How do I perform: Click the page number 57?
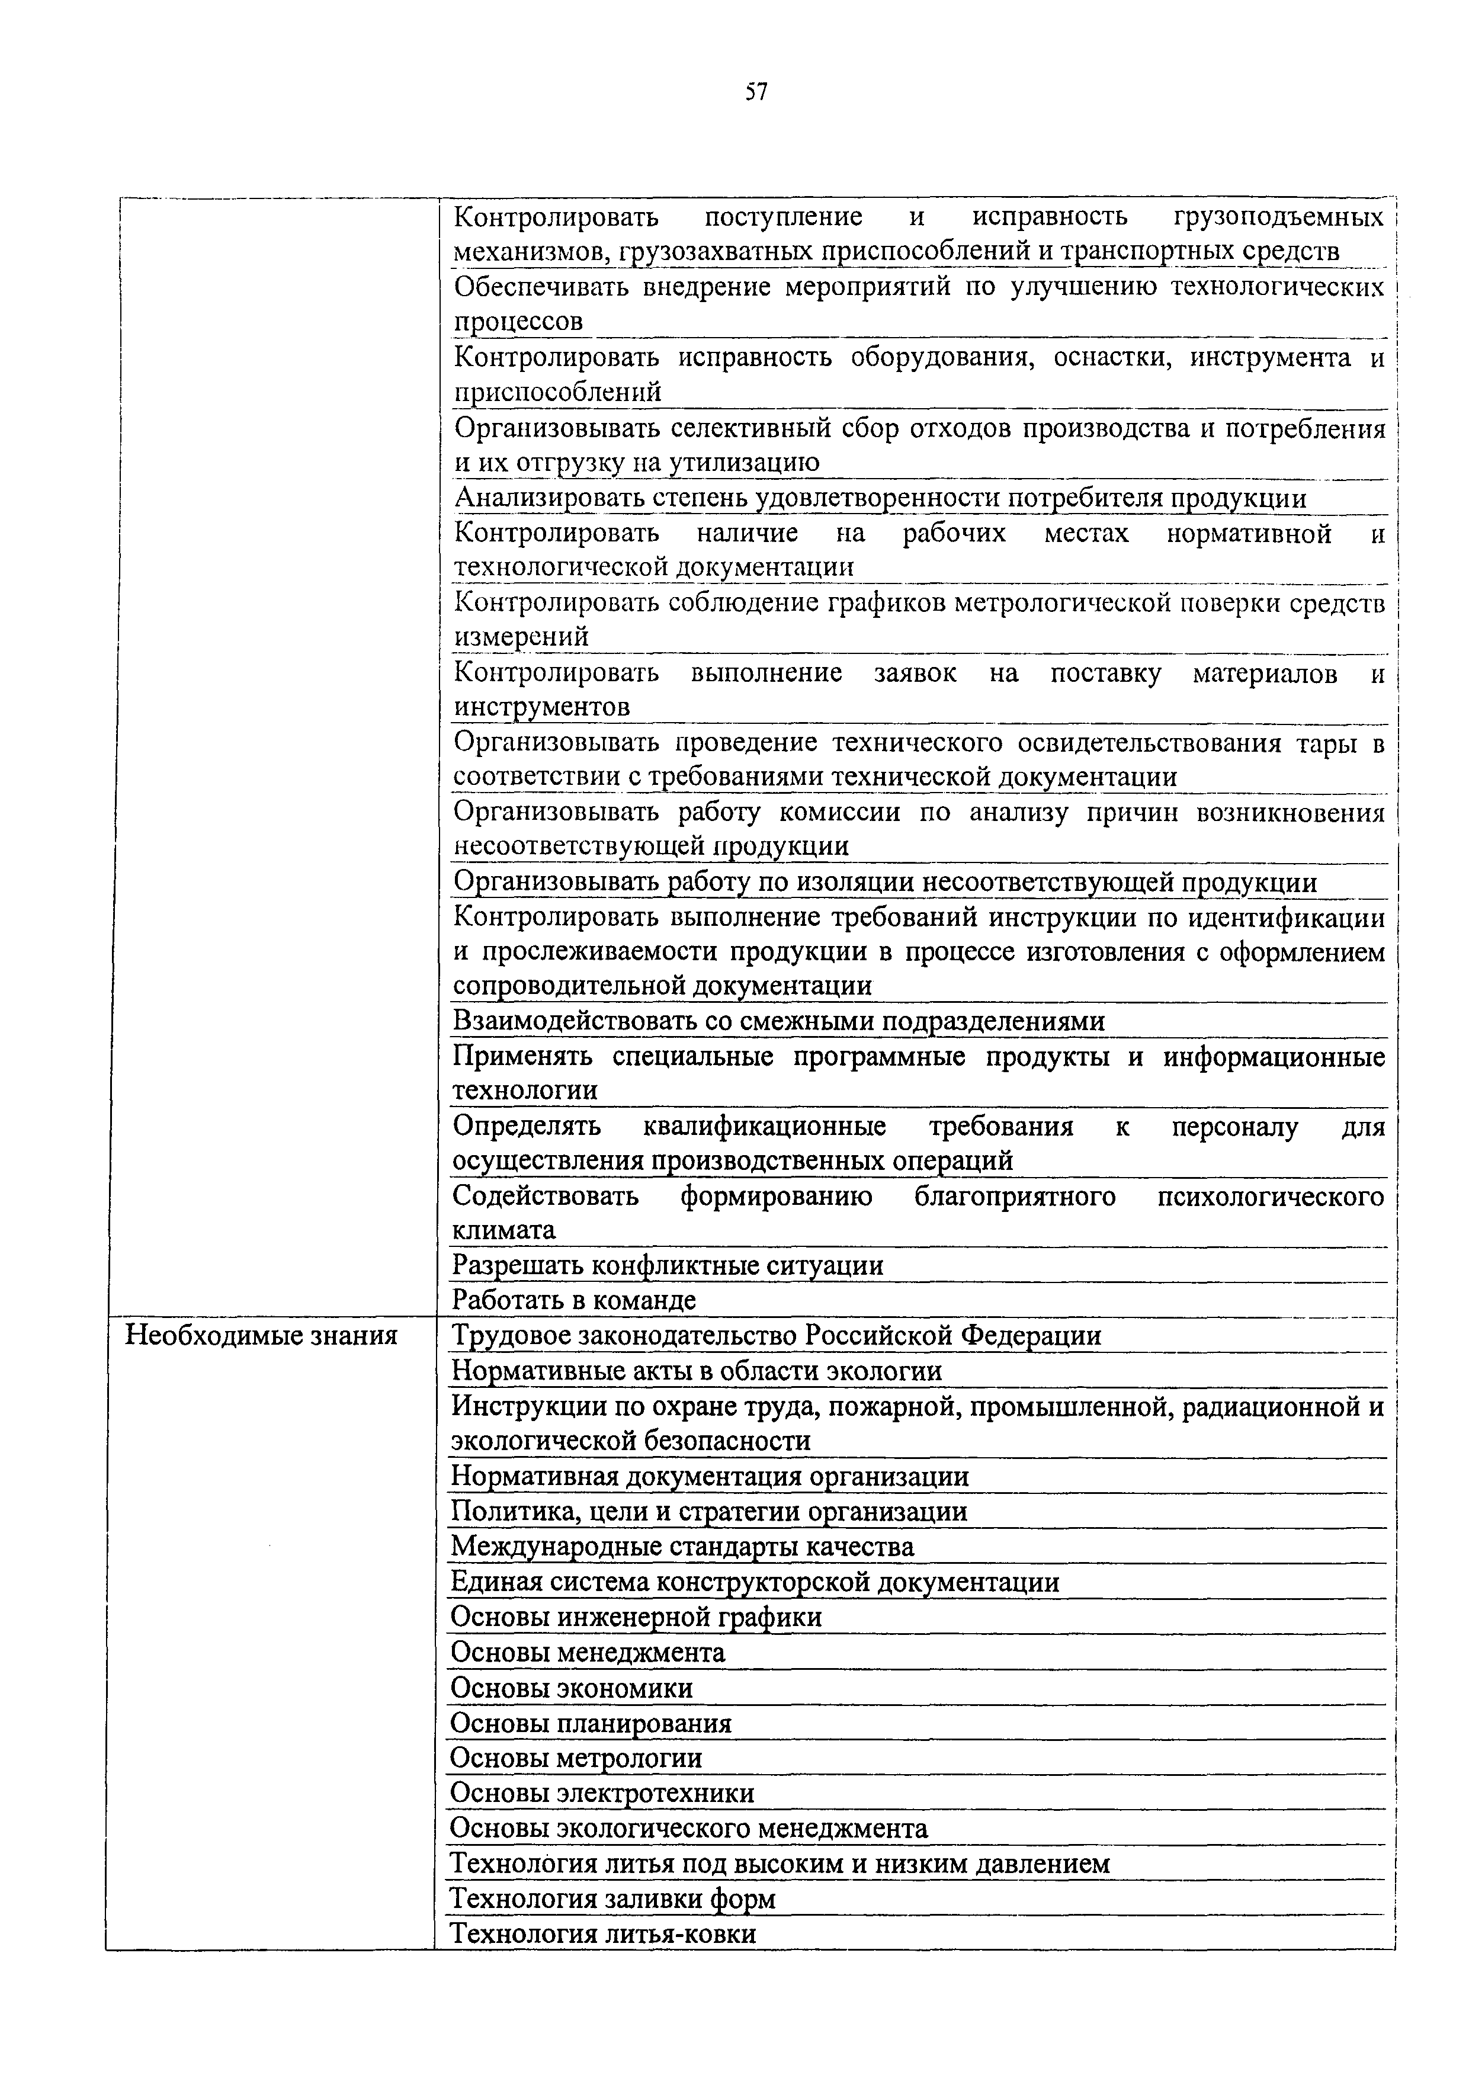[x=756, y=91]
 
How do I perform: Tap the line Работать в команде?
[x=574, y=1301]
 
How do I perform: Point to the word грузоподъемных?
[x=1278, y=217]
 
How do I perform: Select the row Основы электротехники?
[x=602, y=1794]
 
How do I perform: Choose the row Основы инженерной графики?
[x=636, y=1617]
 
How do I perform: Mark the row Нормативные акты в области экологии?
[x=696, y=1372]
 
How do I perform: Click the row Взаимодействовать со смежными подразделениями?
[x=778, y=1022]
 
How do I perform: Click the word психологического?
[x=1271, y=1197]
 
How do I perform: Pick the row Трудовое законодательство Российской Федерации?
[x=776, y=1336]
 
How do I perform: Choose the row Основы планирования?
[x=590, y=1723]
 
